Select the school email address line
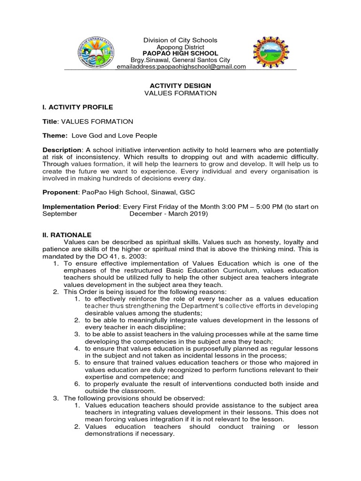pyautogui.click(x=181, y=67)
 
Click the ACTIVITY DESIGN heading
pyautogui.click(x=180, y=85)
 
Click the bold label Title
pyautogui.click(x=49, y=121)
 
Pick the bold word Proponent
pyautogui.click(x=60, y=192)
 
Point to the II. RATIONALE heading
pyautogui.click(x=67, y=235)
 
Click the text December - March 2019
pyautogui.click(x=168, y=213)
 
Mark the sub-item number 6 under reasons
pyautogui.click(x=77, y=384)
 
